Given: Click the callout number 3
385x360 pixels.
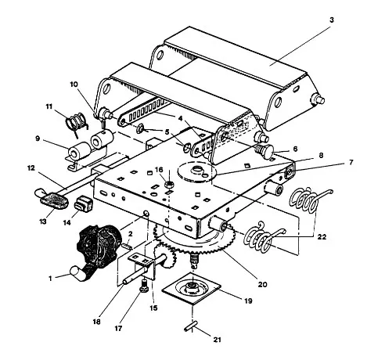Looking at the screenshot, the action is pos(332,20).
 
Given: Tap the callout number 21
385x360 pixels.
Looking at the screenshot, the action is pos(217,340).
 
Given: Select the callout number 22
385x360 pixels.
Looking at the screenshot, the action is pos(322,237).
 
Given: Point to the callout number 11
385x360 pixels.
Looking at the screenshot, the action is pos(49,106).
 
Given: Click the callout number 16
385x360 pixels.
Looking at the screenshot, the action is pos(159,170).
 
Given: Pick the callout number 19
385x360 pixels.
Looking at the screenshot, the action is pos(248,301).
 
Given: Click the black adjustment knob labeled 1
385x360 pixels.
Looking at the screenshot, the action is pos(99,250).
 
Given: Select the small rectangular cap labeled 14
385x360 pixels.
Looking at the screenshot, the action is pos(84,203).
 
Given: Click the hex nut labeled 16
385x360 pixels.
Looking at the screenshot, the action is pos(169,185).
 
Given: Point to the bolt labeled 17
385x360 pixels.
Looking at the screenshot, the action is pos(143,285).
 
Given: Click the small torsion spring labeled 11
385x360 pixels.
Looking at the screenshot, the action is pos(77,123).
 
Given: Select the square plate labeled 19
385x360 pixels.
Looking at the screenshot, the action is pos(192,288).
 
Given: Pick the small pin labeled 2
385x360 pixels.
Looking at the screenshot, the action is pos(127,246).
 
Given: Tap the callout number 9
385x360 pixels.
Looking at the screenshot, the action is pos(38,139).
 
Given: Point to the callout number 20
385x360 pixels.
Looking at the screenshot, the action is pos(263,284).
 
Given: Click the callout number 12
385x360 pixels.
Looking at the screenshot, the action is pos(31,168).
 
